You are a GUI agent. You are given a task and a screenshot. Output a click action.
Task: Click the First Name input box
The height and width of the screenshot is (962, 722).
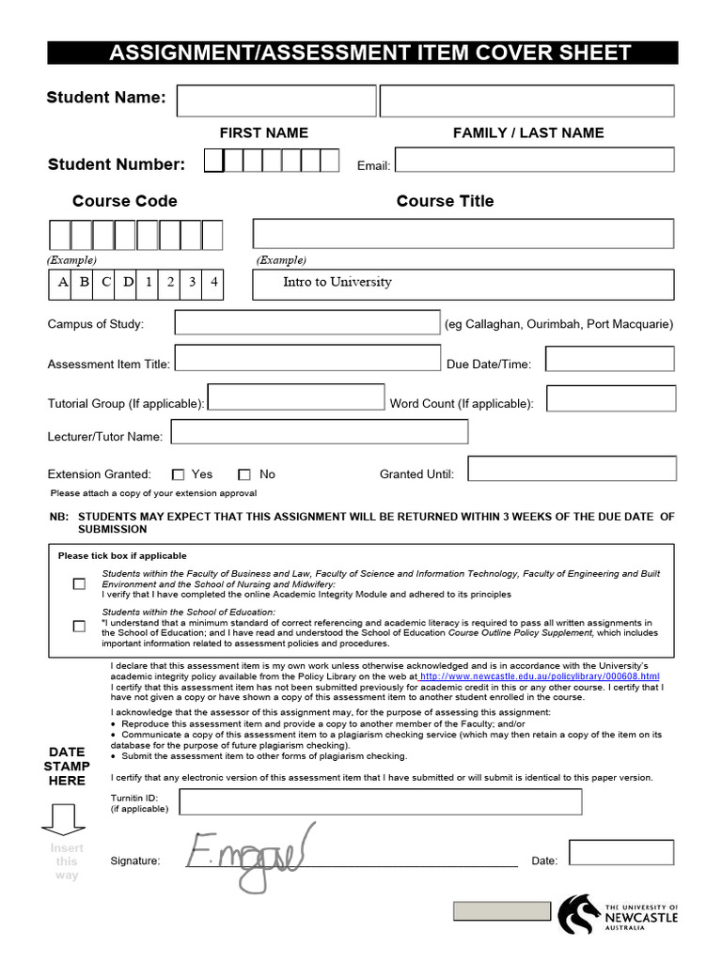tap(276, 101)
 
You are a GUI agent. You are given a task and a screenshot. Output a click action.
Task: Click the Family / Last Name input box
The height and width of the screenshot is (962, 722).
tap(526, 101)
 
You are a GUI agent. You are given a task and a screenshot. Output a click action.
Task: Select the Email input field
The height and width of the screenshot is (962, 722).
tap(534, 160)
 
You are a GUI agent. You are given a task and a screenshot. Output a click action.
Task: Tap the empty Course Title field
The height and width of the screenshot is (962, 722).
tap(463, 233)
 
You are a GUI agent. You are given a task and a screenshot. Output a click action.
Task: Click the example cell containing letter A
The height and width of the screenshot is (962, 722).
tap(63, 282)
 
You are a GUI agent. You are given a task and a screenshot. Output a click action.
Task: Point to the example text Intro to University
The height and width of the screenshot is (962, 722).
tap(337, 282)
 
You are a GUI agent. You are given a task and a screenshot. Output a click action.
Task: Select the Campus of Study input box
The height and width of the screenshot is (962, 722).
tap(306, 323)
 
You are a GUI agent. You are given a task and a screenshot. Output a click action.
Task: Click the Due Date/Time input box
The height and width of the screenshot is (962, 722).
tap(609, 359)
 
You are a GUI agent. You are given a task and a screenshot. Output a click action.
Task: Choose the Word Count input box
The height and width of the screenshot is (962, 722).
tap(611, 398)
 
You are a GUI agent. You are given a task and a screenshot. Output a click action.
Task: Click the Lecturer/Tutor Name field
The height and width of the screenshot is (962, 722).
tap(319, 431)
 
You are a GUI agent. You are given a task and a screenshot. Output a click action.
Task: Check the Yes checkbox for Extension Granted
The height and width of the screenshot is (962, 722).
tap(179, 475)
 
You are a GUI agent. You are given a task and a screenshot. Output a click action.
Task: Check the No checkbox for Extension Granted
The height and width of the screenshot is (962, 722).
tap(244, 475)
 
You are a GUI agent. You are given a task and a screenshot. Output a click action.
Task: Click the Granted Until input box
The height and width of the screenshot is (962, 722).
tap(572, 469)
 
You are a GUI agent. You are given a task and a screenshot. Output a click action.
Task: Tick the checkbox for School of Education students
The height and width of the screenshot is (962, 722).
tap(79, 626)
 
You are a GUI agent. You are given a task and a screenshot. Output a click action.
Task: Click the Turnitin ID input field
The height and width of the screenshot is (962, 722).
tap(380, 801)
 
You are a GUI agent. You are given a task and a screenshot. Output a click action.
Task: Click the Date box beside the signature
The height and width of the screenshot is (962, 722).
tap(620, 852)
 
